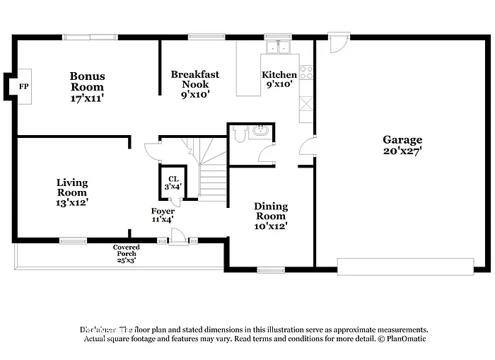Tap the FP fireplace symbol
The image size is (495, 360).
coord(23,87)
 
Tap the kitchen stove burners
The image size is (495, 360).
coord(306,72)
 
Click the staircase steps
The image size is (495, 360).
coord(211,180)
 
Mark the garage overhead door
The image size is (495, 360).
coord(405,266)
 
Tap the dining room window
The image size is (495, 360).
coord(270,269)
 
